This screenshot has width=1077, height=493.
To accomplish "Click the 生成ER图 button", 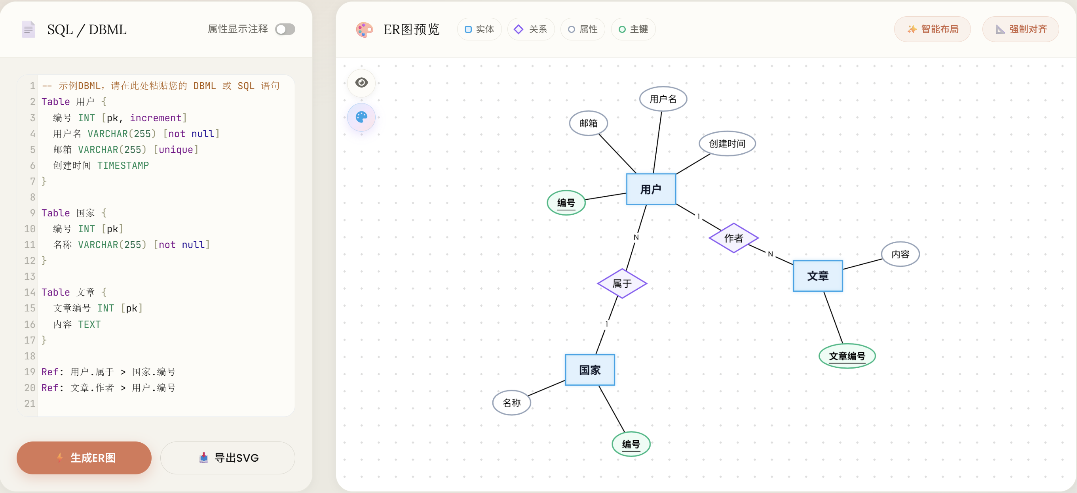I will tap(84, 457).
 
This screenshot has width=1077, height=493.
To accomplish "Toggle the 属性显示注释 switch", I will tap(285, 29).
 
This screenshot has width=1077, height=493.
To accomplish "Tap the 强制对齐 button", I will tap(1020, 29).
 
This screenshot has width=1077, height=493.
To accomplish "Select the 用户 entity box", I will tap(651, 189).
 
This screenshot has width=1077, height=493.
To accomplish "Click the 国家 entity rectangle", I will tap(589, 370).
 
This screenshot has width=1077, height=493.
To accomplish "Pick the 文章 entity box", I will tap(817, 276).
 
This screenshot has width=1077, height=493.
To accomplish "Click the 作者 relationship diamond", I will tap(733, 238).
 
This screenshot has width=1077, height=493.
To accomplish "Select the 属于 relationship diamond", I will tap(622, 284).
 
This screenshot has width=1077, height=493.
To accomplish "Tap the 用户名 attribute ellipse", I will tap(663, 99).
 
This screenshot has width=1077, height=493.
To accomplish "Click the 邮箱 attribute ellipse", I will tap(588, 123).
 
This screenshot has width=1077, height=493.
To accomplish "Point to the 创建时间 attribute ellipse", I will tap(727, 143).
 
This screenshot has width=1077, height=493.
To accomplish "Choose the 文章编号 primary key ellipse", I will tap(847, 356).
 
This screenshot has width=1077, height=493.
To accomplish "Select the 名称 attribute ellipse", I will tap(511, 403).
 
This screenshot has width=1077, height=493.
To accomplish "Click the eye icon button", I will tap(362, 82).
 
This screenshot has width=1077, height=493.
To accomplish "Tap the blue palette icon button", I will tap(362, 117).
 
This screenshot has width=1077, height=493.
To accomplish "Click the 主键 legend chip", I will tap(633, 29).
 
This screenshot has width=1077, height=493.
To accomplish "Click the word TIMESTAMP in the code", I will tap(123, 165).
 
